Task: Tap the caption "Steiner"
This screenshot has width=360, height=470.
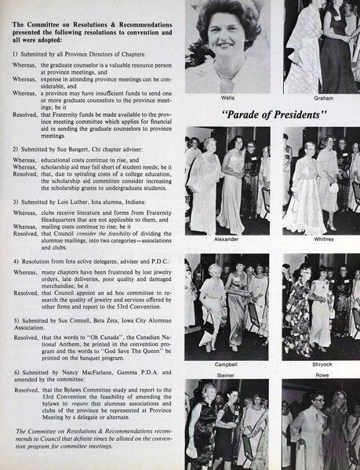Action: click(228, 374)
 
